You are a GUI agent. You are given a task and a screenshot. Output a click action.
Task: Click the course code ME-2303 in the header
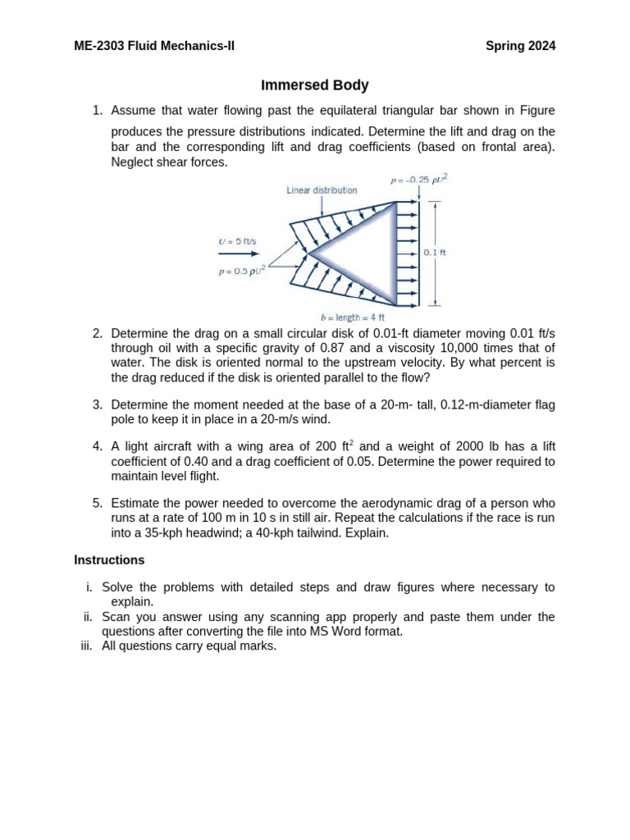coord(99,46)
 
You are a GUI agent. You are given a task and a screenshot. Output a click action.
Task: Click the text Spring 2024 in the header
coord(520,46)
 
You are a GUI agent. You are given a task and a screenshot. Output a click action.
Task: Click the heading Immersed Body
coord(315,85)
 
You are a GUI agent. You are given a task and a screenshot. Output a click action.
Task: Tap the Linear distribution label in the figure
coord(322,189)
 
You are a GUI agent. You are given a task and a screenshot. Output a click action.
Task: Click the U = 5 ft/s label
coord(237,241)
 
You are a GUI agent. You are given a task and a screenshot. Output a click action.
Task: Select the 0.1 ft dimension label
coord(435,253)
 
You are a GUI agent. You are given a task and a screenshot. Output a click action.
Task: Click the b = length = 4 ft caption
coord(352,317)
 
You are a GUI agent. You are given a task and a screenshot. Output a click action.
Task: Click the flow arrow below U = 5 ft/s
coord(238,254)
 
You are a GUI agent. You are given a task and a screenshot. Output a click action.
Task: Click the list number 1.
coord(96,110)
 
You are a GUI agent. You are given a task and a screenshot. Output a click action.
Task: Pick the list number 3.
coord(96,404)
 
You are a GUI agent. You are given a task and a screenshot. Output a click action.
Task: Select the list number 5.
coord(96,503)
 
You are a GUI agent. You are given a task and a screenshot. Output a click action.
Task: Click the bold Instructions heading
coord(109,560)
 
